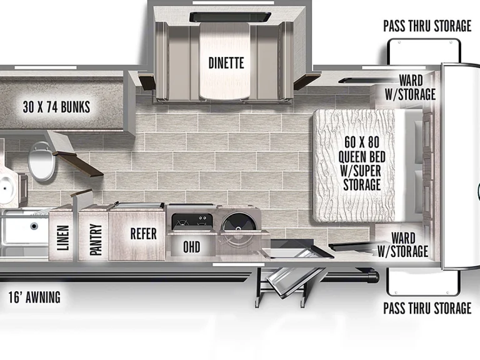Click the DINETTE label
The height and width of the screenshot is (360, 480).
tap(226, 63)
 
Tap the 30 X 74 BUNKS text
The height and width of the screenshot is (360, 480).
tap(56, 107)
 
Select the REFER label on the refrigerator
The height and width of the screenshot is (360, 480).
tap(143, 234)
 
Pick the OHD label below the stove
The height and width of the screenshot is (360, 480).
tap(192, 247)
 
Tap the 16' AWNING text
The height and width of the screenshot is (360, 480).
tap(34, 297)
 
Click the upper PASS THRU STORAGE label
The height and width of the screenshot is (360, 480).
tap(427, 26)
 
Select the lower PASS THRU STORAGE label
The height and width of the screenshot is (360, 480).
tap(427, 308)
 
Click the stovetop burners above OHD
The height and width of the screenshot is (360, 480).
tap(192, 222)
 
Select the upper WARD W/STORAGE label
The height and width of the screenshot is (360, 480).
tap(411, 87)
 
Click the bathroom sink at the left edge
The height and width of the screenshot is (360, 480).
tap(7, 186)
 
